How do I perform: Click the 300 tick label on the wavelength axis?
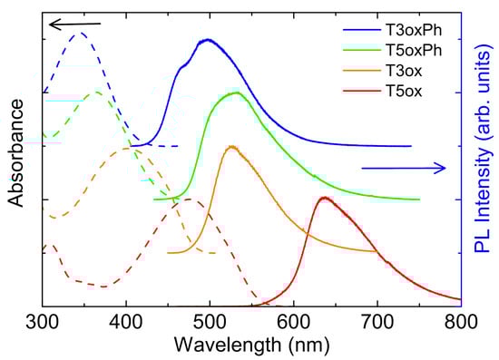(42, 319)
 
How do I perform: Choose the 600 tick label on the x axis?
(293, 319)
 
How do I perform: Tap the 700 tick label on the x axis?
(377, 319)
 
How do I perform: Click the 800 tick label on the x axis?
(461, 319)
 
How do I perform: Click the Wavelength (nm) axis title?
(251, 345)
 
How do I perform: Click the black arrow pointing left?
(75, 24)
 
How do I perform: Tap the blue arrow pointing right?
(404, 167)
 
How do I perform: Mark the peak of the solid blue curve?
(209, 40)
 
